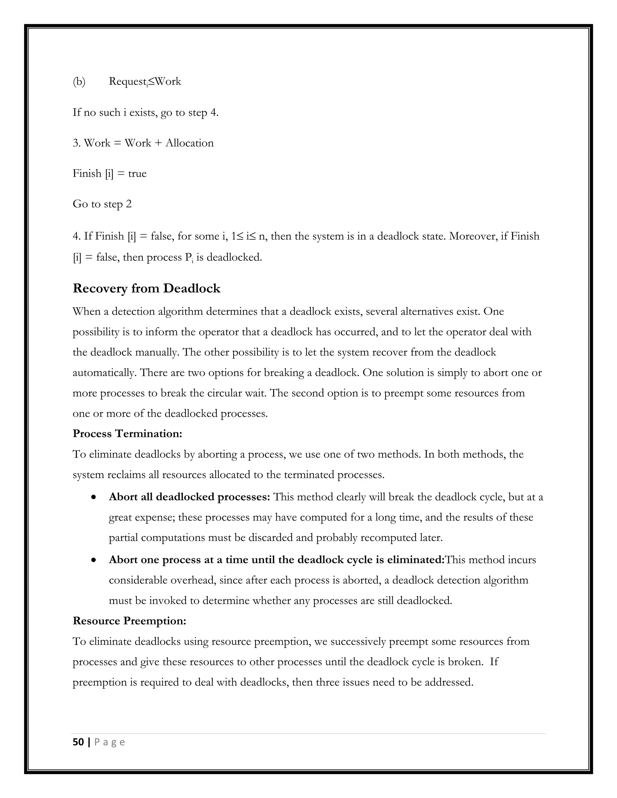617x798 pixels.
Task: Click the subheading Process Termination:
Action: click(x=127, y=434)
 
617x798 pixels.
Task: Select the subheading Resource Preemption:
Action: click(x=129, y=621)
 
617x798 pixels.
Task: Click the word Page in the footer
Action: click(x=110, y=742)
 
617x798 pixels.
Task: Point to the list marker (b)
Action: click(x=79, y=82)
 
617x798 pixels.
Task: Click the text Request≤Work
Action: click(x=145, y=82)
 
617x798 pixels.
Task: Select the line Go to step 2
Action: click(x=102, y=204)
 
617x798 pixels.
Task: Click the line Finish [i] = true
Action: click(x=109, y=173)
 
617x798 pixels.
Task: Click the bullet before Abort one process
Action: click(x=94, y=560)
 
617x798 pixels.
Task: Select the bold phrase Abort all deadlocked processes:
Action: click(x=189, y=497)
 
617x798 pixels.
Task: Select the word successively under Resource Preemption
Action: click(x=358, y=642)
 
